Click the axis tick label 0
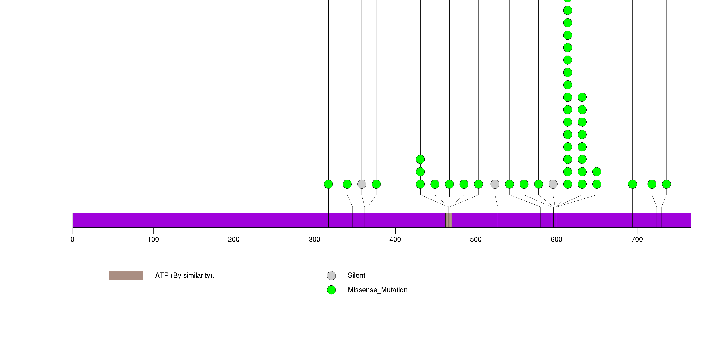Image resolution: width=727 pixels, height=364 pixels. click(x=73, y=240)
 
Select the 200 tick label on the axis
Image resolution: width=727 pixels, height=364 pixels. click(x=234, y=240)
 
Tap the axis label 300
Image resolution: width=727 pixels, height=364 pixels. click(x=314, y=240)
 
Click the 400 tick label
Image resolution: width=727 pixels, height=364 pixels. click(x=395, y=240)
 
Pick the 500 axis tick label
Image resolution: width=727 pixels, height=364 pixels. click(x=476, y=240)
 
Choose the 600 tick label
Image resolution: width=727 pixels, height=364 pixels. click(x=556, y=240)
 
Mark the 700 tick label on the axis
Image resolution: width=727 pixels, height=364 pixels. click(x=637, y=240)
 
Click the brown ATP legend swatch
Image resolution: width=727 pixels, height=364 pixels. click(x=126, y=276)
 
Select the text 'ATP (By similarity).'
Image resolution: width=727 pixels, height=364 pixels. click(x=185, y=276)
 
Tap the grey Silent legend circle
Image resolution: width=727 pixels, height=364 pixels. click(x=331, y=276)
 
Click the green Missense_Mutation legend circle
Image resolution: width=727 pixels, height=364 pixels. click(x=331, y=290)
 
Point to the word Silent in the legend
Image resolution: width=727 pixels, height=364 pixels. click(x=356, y=276)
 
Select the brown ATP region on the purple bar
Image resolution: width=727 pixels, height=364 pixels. click(x=448, y=220)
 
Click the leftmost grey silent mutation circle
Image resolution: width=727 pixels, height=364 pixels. click(x=362, y=184)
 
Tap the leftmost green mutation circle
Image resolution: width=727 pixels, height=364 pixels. click(x=328, y=184)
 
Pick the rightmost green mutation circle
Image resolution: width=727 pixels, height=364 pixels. click(x=666, y=184)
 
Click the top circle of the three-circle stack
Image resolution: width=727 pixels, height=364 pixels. click(x=420, y=159)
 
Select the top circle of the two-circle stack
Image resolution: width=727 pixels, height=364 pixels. click(x=597, y=172)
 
